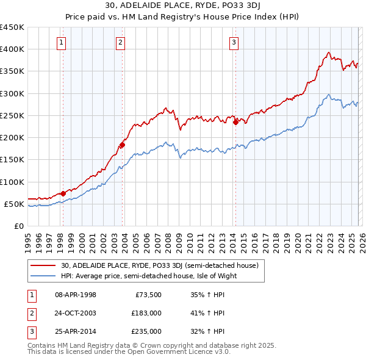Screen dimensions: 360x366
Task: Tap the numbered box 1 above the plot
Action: [62, 42]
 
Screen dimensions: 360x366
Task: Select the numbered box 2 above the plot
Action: [121, 42]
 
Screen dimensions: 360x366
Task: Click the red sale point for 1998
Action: [63, 193]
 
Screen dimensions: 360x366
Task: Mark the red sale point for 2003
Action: [122, 145]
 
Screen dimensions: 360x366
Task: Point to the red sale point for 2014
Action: [235, 122]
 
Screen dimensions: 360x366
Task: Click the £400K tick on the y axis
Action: [12, 49]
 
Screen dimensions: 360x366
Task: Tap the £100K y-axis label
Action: [12, 182]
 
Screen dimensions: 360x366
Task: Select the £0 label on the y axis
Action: [18, 226]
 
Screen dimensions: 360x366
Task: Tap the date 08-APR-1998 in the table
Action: [76, 295]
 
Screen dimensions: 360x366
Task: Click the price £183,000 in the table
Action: [146, 313]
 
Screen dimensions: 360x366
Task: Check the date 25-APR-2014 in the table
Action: [76, 331]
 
